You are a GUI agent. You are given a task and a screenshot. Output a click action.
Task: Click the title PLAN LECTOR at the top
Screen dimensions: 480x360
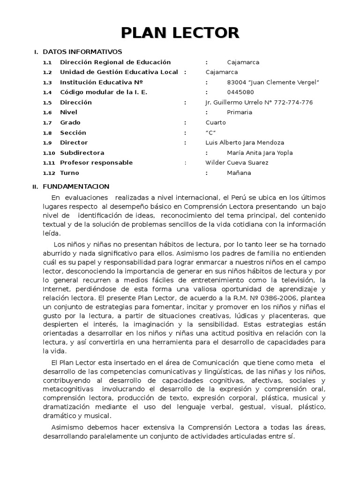point(180,32)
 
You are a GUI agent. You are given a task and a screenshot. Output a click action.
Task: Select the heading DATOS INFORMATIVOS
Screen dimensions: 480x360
point(82,52)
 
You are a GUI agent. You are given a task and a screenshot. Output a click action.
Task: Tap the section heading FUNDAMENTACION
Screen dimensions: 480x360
point(75,187)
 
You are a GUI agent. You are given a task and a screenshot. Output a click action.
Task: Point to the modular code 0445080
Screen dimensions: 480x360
point(240,92)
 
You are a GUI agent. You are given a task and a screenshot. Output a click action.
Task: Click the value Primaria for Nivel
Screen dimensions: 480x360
point(239,112)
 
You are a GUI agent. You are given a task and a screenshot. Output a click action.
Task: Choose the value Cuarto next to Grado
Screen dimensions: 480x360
point(215,122)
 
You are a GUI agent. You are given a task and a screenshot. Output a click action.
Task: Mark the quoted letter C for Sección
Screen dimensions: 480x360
point(211,133)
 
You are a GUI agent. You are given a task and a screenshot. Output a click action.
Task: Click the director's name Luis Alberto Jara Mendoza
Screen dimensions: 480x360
point(245,142)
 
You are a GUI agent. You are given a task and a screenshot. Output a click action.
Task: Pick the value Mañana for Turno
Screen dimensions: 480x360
point(239,173)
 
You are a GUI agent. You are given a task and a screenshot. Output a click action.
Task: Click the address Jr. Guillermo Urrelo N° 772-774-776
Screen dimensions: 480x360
point(259,102)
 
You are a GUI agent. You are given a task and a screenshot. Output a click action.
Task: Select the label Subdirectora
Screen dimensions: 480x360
point(82,153)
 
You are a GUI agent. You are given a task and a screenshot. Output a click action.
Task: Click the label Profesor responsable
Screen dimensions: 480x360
point(96,163)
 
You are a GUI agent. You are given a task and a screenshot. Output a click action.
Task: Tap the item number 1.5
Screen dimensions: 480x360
point(47,103)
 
